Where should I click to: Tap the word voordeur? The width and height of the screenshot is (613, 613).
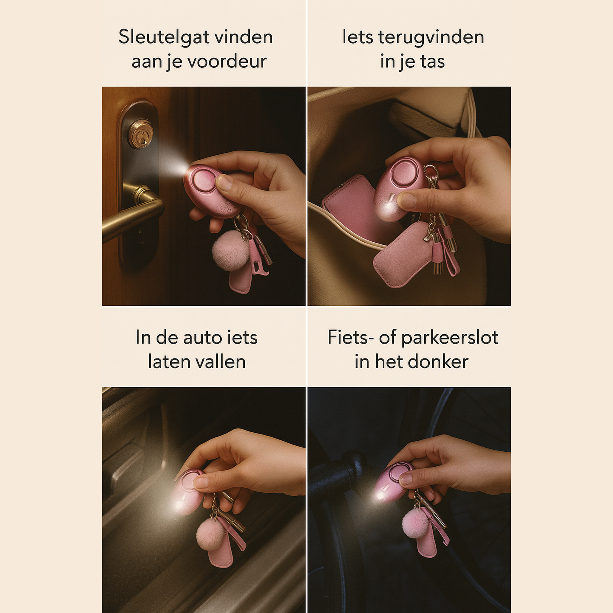[227, 62]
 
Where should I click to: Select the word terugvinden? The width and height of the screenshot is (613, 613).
[431, 37]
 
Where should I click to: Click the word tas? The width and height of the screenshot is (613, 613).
[432, 62]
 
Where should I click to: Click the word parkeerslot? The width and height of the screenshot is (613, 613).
[450, 338]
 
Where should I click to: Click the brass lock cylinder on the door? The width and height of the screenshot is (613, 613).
[141, 134]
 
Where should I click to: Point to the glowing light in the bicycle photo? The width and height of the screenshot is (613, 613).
[379, 495]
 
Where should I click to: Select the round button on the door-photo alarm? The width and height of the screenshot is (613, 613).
[204, 180]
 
